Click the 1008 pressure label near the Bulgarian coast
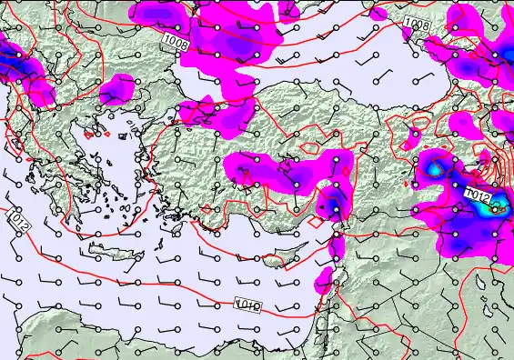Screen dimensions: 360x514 [x=176, y=43]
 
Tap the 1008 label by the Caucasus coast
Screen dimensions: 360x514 [x=416, y=26]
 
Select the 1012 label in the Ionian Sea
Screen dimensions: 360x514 [x=20, y=220]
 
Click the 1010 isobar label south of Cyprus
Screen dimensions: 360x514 [x=248, y=304]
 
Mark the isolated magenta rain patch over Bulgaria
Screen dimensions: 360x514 [x=117, y=88]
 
